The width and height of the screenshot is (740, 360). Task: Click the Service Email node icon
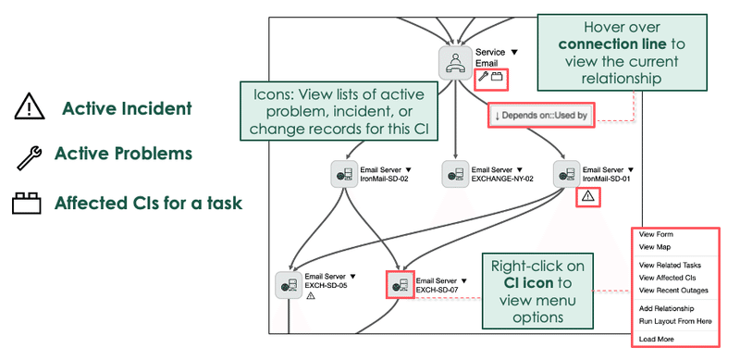pos(454,62)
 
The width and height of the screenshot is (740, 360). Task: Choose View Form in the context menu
pos(656,235)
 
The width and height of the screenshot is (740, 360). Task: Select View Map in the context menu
pos(655,247)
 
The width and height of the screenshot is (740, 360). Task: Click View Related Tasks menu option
pos(670,265)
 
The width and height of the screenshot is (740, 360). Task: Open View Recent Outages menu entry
pos(674,290)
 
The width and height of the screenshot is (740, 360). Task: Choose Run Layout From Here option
pos(675,320)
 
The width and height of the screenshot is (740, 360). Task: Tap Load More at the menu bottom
pos(656,339)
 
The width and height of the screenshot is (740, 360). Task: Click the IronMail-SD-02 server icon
pos(344,174)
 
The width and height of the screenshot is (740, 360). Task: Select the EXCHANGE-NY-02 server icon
pos(455,174)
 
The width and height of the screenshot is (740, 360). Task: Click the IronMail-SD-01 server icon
pos(566,174)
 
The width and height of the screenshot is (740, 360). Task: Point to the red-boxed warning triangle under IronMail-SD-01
pos(588,196)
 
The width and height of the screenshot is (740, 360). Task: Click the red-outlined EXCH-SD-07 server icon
pos(400,284)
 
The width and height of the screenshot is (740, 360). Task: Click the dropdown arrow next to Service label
pos(514,53)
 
